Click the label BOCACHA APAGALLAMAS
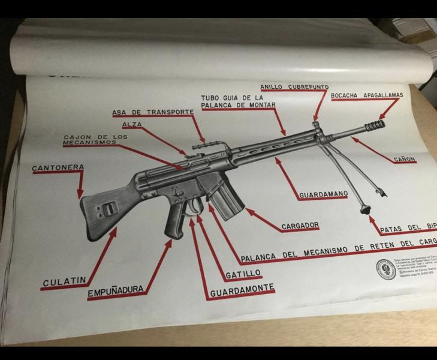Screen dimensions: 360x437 click(x=366, y=95)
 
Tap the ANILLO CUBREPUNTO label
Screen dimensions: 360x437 click(x=294, y=88)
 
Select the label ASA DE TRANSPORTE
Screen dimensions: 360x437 click(x=153, y=112)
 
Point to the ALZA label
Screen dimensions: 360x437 click(x=132, y=125)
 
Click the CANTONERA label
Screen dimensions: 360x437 click(x=58, y=167)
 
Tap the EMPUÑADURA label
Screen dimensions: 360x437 click(x=116, y=292)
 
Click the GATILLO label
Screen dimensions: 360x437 click(x=243, y=274)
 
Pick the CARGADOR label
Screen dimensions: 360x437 click(x=300, y=226)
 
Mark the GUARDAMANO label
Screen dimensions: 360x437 click(x=323, y=194)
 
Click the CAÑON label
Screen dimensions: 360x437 click(x=404, y=160)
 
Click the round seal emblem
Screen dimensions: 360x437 click(x=384, y=268)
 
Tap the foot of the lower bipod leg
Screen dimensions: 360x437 click(x=363, y=209)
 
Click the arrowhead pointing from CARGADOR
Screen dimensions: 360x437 click(x=248, y=211)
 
